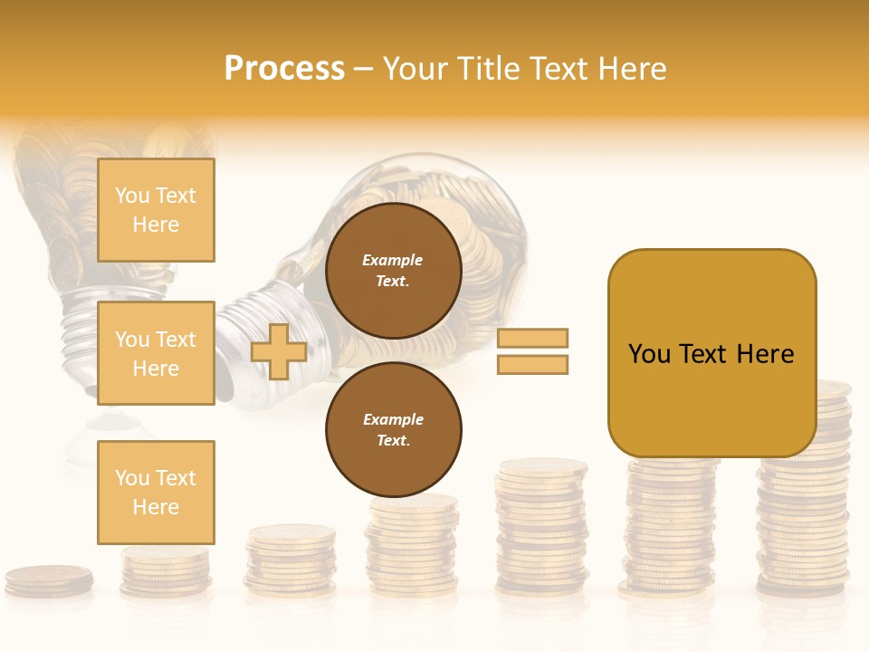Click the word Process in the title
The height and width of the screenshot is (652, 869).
284,69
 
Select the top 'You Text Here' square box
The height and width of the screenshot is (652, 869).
156,210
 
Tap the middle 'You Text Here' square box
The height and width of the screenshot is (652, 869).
156,353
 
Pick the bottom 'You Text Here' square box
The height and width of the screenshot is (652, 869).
156,492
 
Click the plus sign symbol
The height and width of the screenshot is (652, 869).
279,351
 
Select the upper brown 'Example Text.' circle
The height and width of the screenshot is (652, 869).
394,271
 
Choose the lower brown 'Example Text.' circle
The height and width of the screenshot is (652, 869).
394,429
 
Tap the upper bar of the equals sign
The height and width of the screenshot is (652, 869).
533,338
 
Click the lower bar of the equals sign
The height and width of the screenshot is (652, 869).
533,365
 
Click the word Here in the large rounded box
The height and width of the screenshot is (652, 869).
765,354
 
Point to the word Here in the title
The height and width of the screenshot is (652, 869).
630,69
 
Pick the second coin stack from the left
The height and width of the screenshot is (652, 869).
166,570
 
